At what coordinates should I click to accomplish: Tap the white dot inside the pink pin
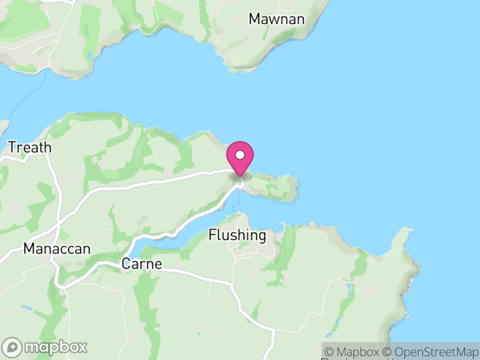tap(240, 155)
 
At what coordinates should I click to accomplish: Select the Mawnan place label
tap(277, 19)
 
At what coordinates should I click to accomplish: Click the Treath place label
tap(30, 148)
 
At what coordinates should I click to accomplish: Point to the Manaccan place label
tap(56, 248)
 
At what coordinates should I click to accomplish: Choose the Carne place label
tap(142, 263)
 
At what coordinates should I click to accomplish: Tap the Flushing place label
tap(237, 235)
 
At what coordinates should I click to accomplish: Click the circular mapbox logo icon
tap(13, 347)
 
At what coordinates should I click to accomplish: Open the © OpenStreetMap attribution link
tap(431, 352)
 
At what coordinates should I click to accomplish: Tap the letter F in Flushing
tap(212, 235)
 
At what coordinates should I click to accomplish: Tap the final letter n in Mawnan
tap(301, 19)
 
